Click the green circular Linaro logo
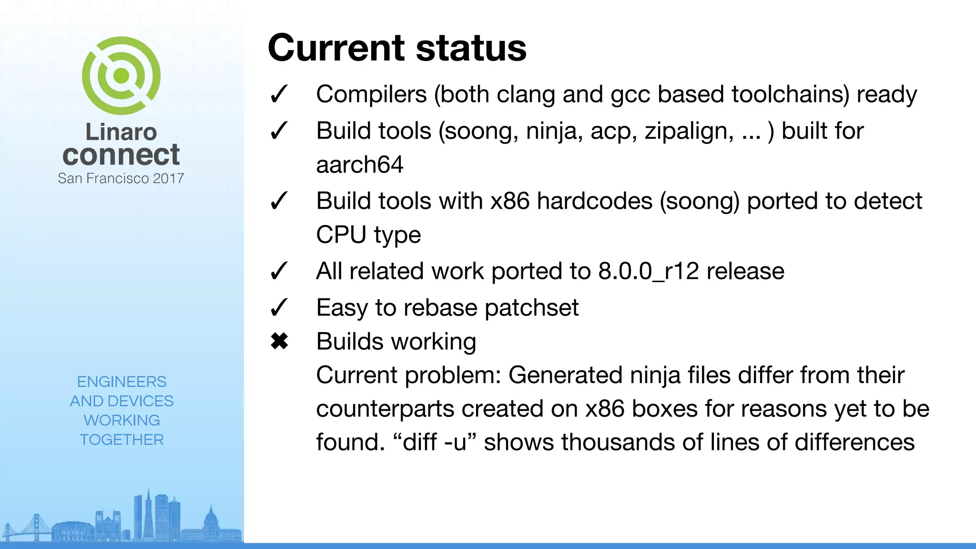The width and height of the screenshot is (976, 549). (121, 75)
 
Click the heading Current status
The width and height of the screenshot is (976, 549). (397, 48)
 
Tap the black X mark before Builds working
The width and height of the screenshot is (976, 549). (279, 341)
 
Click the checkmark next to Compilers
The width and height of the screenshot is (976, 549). (279, 94)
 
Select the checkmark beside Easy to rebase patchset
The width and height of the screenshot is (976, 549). (279, 307)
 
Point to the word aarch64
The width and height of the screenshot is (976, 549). (360, 165)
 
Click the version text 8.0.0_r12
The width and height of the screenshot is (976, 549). (649, 271)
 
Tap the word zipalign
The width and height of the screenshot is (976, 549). (689, 131)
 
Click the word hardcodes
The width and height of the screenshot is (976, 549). (594, 201)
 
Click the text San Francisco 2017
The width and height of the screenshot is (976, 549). (121, 178)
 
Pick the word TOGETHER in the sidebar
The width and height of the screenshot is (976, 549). (122, 439)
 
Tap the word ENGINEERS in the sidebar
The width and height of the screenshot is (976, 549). (122, 382)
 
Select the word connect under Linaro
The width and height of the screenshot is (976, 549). (121, 154)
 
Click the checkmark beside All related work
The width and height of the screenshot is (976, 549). (279, 271)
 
